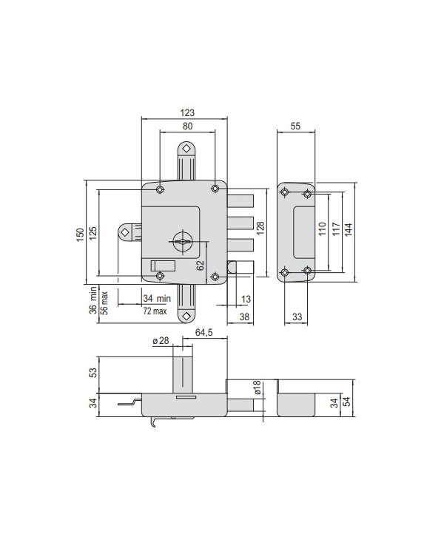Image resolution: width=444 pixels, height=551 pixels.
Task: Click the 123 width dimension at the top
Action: coord(186,112)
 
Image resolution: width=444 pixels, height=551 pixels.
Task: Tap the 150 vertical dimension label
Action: coord(81,233)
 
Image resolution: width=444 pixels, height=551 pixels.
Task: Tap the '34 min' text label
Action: coord(157,298)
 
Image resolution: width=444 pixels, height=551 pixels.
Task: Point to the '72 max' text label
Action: coord(155,311)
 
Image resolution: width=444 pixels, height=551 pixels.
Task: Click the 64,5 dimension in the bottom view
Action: coord(205,334)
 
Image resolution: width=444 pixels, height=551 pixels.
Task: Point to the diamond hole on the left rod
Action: coord(124,232)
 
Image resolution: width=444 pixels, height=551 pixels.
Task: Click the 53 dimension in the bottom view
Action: coord(92,371)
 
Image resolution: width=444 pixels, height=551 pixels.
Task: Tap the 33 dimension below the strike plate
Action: coord(296,317)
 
